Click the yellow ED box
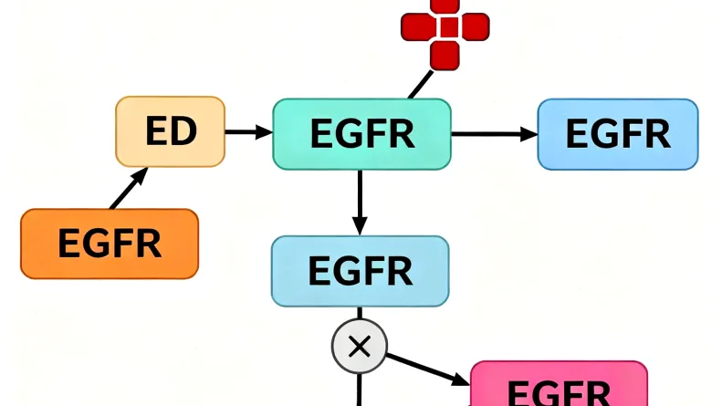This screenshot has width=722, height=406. pyautogui.click(x=171, y=132)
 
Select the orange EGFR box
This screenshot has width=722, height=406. pyautogui.click(x=110, y=244)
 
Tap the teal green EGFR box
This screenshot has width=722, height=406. pyautogui.click(x=361, y=134)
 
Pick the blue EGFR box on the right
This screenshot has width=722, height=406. pyautogui.click(x=618, y=134)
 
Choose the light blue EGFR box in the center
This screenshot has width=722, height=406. pyautogui.click(x=360, y=271)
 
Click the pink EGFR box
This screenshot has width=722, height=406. pyautogui.click(x=559, y=387)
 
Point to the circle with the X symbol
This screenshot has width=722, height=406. pyautogui.click(x=359, y=346)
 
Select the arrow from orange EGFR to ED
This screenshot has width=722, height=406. pyautogui.click(x=128, y=189)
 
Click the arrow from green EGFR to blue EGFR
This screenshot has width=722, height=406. pyautogui.click(x=494, y=134)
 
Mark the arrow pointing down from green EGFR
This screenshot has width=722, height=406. pyautogui.click(x=360, y=202)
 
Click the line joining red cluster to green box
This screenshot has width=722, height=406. pyautogui.click(x=420, y=85)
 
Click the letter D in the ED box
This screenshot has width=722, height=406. pyautogui.click(x=183, y=132)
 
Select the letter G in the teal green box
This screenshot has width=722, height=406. pyautogui.click(x=347, y=134)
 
